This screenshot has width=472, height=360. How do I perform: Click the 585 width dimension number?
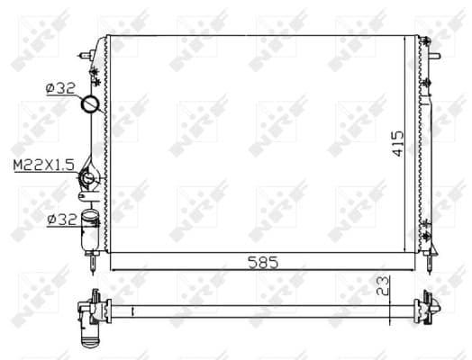(263, 262)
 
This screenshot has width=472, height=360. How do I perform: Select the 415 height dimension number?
(397, 143)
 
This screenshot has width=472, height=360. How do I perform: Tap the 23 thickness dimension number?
(382, 285)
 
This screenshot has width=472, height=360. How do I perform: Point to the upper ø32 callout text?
(60, 88)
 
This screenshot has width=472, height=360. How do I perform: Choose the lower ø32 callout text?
(62, 220)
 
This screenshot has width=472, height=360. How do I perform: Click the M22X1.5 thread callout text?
(44, 165)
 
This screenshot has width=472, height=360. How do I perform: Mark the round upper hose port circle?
(90, 103)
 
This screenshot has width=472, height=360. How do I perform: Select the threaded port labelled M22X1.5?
(88, 178)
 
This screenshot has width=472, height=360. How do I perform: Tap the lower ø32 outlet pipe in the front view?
(89, 230)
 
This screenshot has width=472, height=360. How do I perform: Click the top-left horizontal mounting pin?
(86, 55)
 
